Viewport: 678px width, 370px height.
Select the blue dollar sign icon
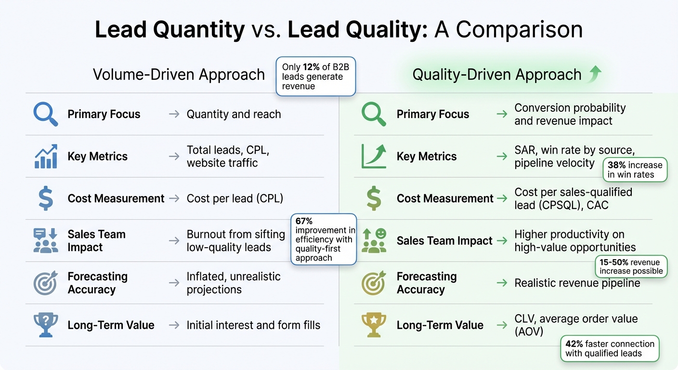coord(46,198)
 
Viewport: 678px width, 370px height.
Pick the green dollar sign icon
coord(374,198)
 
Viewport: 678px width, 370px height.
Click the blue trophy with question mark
coord(46,325)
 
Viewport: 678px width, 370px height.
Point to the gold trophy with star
coord(374,325)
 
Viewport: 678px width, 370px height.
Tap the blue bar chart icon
coord(46,157)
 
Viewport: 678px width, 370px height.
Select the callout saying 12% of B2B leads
coord(316,77)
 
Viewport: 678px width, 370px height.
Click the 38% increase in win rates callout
coord(635,170)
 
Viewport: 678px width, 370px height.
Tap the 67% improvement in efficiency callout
coord(324,239)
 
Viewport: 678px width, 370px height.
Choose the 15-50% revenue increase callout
coord(631,266)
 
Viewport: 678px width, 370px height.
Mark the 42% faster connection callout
coord(610,348)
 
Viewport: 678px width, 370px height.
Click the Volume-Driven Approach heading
coord(179,75)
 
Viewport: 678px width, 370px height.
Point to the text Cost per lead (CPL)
coord(235,198)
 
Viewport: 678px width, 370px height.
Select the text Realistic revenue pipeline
coord(577,283)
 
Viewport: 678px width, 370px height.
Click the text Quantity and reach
coord(234,115)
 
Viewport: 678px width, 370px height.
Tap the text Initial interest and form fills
coord(253,325)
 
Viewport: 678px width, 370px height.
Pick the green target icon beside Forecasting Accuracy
coord(374,283)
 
